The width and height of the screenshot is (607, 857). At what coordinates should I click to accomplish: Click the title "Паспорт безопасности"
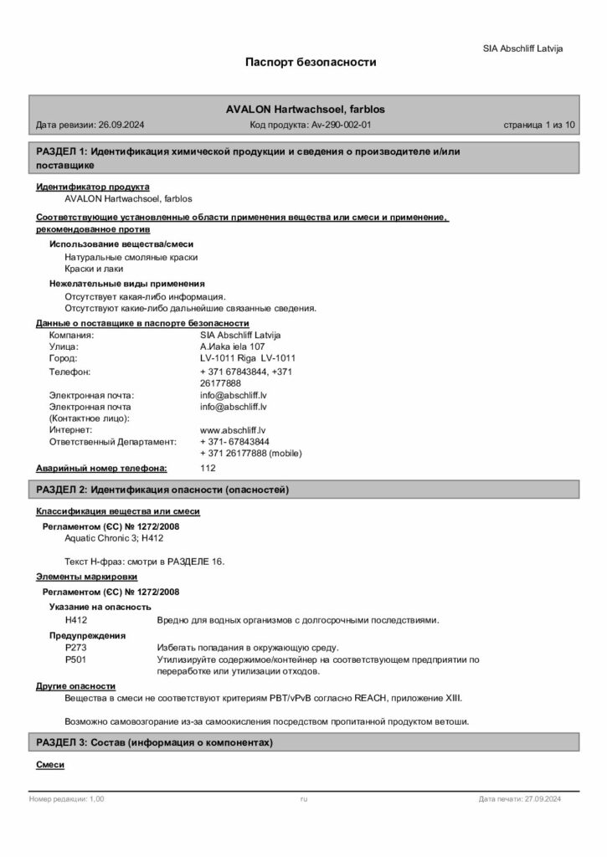tap(311, 62)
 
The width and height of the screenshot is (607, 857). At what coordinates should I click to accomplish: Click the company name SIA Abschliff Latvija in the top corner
tap(522, 49)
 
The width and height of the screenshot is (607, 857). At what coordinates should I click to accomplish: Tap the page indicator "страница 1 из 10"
tap(539, 125)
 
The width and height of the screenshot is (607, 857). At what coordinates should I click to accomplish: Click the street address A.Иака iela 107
tap(233, 346)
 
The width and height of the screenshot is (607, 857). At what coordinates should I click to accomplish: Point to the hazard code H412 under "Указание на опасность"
tap(76, 619)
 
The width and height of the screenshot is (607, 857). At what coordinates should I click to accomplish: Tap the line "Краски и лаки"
tap(94, 269)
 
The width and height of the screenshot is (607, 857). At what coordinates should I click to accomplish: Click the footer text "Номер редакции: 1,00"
tap(67, 800)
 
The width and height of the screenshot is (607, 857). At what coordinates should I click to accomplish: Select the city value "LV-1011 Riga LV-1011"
tap(248, 358)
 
